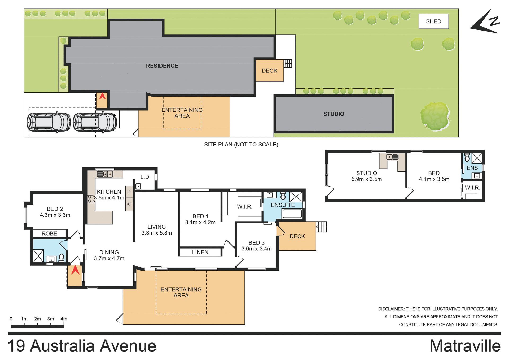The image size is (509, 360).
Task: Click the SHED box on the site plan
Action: (433, 21)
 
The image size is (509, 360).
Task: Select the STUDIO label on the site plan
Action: (334, 114)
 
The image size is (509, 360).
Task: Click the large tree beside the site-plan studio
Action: (435, 117)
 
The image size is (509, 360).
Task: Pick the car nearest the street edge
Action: (49, 122)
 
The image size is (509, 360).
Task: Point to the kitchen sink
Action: (105, 174)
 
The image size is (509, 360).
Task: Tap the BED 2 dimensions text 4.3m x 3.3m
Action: (55, 215)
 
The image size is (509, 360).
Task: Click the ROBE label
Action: (49, 233)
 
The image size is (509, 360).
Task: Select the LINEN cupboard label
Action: (200, 252)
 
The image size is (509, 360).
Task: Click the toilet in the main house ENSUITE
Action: (283, 196)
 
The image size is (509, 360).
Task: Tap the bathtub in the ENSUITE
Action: (292, 214)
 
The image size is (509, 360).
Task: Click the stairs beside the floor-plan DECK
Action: (321, 227)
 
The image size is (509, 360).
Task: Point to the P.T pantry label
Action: (129, 205)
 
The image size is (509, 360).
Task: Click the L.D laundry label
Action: (145, 177)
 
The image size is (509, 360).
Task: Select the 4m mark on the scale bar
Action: (64, 319)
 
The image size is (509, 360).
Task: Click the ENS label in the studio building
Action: (472, 168)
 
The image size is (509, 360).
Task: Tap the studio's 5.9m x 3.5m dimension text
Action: (366, 179)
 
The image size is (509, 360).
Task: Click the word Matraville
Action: (465, 346)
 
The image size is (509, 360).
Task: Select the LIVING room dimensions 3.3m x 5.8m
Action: (156, 233)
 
